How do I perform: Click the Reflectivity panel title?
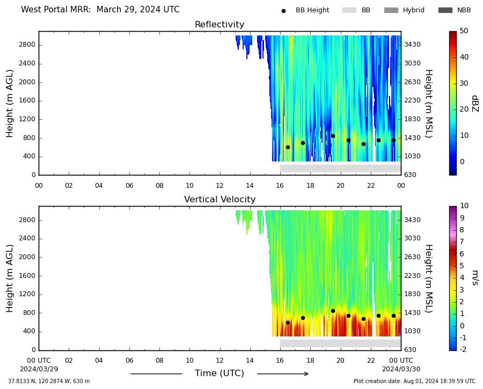tap(219, 24)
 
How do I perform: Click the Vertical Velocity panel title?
tap(219, 199)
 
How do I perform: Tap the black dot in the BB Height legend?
tap(283, 11)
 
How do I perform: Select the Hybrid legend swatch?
tap(391, 10)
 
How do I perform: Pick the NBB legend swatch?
tap(445, 10)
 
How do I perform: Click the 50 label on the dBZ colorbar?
tap(464, 31)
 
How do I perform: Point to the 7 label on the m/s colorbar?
tap(462, 242)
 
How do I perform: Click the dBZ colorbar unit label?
tap(475, 104)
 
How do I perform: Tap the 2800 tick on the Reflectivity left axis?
tap(27, 45)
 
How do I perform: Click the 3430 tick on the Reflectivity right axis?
tap(412, 45)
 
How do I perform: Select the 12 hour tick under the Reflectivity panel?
tap(219, 186)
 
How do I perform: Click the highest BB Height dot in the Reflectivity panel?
tap(333, 136)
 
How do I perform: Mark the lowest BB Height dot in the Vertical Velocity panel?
tap(288, 323)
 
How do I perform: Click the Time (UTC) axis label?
tap(219, 373)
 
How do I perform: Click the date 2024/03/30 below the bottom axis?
tap(401, 369)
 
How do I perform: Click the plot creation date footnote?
tap(414, 381)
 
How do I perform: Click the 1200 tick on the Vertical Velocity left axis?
tap(27, 294)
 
